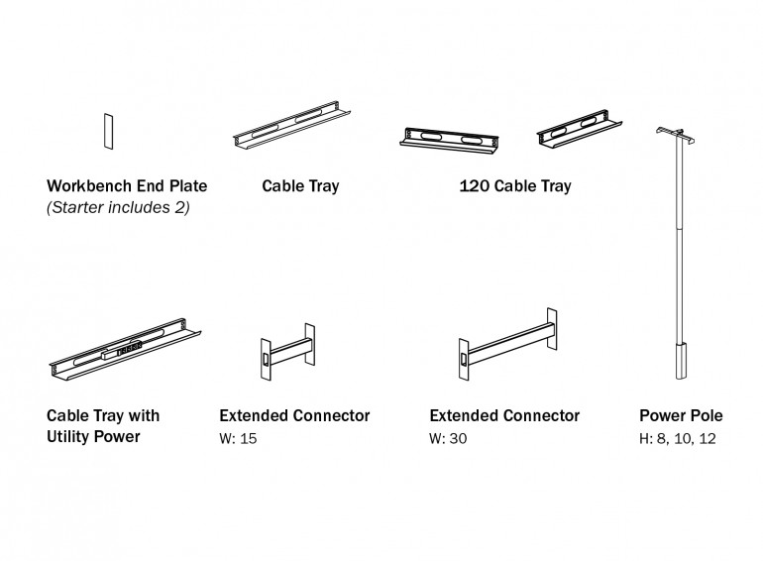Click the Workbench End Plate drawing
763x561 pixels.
(x=106, y=130)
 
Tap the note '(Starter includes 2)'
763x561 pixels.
(x=118, y=207)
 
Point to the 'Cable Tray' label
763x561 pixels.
(x=300, y=185)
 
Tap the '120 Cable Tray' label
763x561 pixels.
(x=514, y=185)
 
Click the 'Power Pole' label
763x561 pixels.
(x=680, y=415)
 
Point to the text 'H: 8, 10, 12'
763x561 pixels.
(x=680, y=437)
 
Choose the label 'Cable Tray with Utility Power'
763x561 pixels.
(x=103, y=425)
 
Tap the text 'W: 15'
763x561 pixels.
(x=238, y=437)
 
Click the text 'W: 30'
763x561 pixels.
(x=448, y=437)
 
